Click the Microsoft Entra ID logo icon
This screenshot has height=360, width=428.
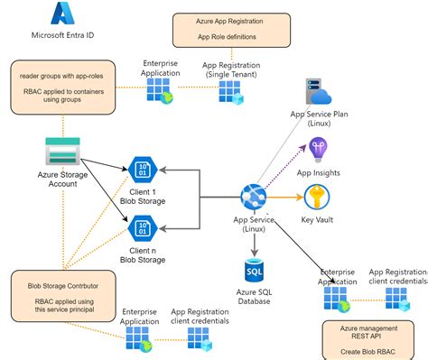62,14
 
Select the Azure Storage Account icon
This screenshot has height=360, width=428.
63,150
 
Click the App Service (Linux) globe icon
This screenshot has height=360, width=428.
252,196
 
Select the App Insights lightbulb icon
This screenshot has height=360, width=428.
318,149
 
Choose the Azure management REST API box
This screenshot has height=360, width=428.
370,337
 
